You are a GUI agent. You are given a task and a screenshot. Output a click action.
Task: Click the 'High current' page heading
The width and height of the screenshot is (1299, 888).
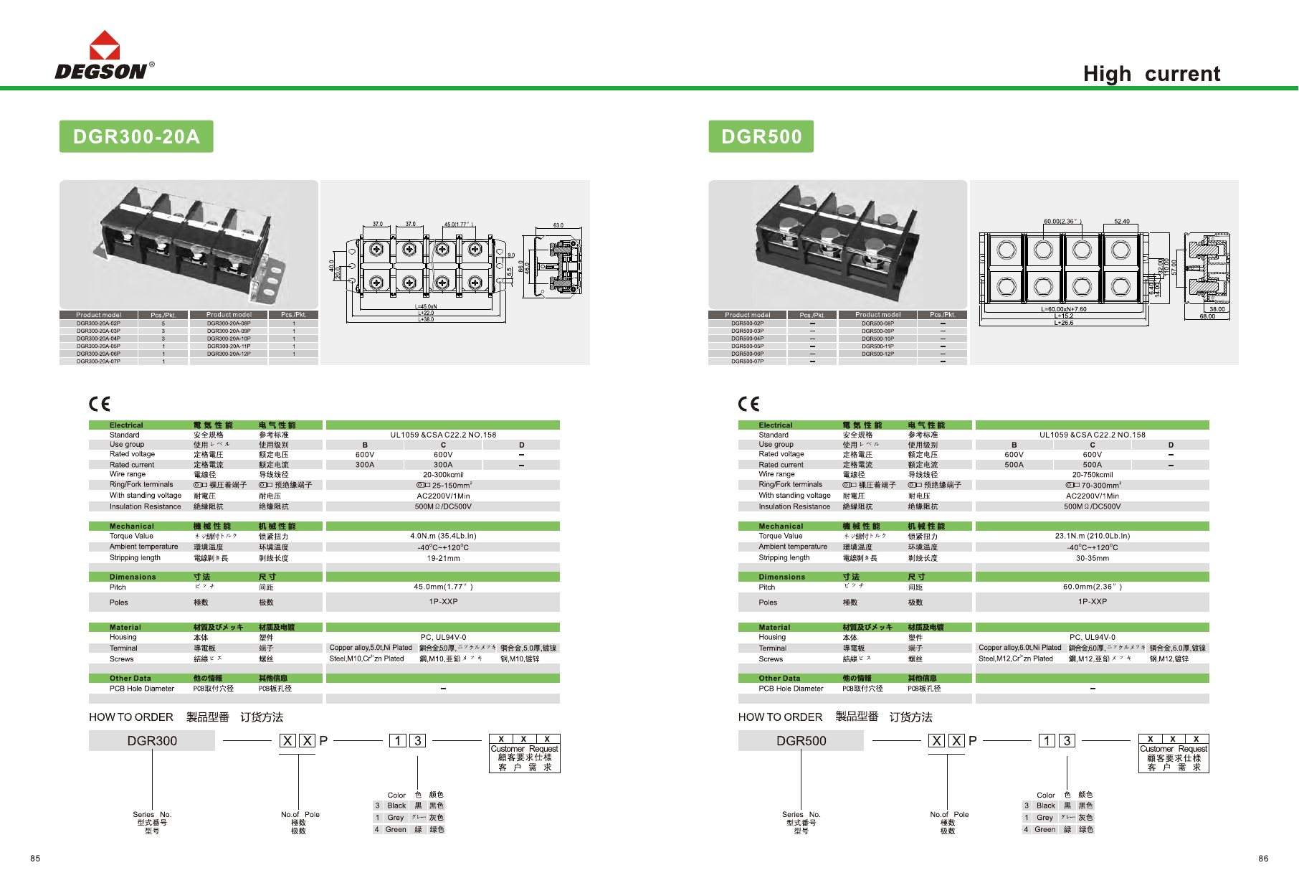tap(1151, 74)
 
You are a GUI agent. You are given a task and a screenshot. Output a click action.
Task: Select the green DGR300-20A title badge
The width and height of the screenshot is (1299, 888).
tap(136, 136)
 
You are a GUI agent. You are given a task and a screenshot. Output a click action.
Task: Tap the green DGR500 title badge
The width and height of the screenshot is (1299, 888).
tap(761, 136)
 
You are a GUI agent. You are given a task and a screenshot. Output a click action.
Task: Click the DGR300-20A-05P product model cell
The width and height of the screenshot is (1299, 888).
tap(99, 346)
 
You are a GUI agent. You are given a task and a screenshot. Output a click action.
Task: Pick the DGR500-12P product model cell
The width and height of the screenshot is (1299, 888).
tap(877, 354)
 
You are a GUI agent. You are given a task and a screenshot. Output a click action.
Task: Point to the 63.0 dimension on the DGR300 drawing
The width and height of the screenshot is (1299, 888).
tap(558, 225)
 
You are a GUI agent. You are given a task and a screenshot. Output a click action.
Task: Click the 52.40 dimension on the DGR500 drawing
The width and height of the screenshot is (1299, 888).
tap(1121, 222)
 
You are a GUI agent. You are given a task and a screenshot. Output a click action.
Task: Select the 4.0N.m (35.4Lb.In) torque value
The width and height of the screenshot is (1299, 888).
tap(443, 536)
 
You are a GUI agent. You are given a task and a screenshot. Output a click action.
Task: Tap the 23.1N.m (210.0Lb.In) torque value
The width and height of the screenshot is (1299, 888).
tap(1092, 536)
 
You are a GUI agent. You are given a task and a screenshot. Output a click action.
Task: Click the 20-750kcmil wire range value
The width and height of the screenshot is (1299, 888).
tap(1092, 475)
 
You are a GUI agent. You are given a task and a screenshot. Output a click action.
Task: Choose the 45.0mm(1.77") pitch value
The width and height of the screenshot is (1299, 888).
tap(443, 587)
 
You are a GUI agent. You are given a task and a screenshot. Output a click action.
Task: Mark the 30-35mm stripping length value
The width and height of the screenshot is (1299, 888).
tap(1092, 558)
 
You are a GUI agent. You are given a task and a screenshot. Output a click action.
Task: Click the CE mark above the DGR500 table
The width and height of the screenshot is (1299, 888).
tap(748, 404)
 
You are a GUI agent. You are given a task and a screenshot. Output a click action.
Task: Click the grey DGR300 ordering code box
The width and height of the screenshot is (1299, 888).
tap(152, 741)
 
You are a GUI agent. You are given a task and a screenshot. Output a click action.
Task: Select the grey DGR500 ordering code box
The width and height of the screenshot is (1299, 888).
tap(801, 741)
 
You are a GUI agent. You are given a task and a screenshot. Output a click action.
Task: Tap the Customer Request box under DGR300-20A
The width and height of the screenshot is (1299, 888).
tap(524, 753)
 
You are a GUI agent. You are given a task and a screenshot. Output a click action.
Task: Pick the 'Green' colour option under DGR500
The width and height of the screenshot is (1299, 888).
tap(1045, 830)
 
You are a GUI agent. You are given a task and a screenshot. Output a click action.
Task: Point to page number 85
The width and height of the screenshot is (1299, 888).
tap(35, 859)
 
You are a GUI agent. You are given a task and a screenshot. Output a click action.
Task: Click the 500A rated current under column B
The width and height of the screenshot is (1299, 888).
tap(1014, 465)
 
